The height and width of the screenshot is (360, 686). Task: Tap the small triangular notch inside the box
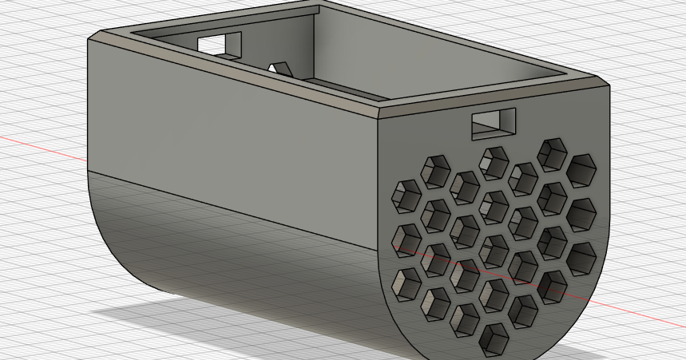point(280,69)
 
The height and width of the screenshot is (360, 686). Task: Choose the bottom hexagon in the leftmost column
point(408,282)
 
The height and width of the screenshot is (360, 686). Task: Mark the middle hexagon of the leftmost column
point(408,239)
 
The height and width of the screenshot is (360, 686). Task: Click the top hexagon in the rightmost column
point(582,169)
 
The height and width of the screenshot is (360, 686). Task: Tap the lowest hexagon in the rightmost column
point(581,256)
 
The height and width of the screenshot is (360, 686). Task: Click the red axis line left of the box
point(40,146)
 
